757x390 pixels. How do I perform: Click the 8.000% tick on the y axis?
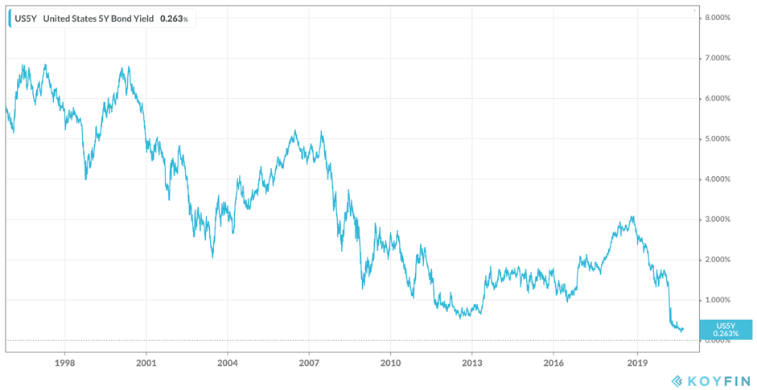pyautogui.click(x=717, y=18)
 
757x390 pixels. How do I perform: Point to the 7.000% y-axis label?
pyautogui.click(x=717, y=58)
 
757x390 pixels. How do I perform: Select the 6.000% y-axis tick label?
pyautogui.click(x=717, y=98)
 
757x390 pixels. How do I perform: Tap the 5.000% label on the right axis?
pyautogui.click(x=717, y=138)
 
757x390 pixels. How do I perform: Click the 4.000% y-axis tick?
pyautogui.click(x=717, y=179)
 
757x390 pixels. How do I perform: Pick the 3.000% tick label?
pyautogui.click(x=717, y=219)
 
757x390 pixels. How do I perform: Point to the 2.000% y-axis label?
pyautogui.click(x=717, y=259)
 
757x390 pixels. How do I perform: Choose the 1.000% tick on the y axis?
pyautogui.click(x=717, y=299)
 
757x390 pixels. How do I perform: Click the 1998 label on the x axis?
pyautogui.click(x=65, y=362)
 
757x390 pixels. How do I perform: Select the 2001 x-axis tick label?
pyautogui.click(x=146, y=362)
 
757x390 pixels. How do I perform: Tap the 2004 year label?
pyautogui.click(x=228, y=362)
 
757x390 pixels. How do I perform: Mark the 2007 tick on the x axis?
pyautogui.click(x=309, y=362)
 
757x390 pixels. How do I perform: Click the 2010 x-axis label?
pyautogui.click(x=390, y=362)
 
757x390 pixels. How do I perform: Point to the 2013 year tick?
pyautogui.click(x=472, y=362)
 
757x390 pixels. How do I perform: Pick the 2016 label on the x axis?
pyautogui.click(x=553, y=362)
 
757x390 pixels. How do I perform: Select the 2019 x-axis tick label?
pyautogui.click(x=636, y=362)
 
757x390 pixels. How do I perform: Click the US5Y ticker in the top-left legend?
pyautogui.click(x=25, y=18)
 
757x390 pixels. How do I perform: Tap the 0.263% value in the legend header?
pyautogui.click(x=172, y=18)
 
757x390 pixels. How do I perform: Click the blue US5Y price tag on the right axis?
pyautogui.click(x=726, y=329)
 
